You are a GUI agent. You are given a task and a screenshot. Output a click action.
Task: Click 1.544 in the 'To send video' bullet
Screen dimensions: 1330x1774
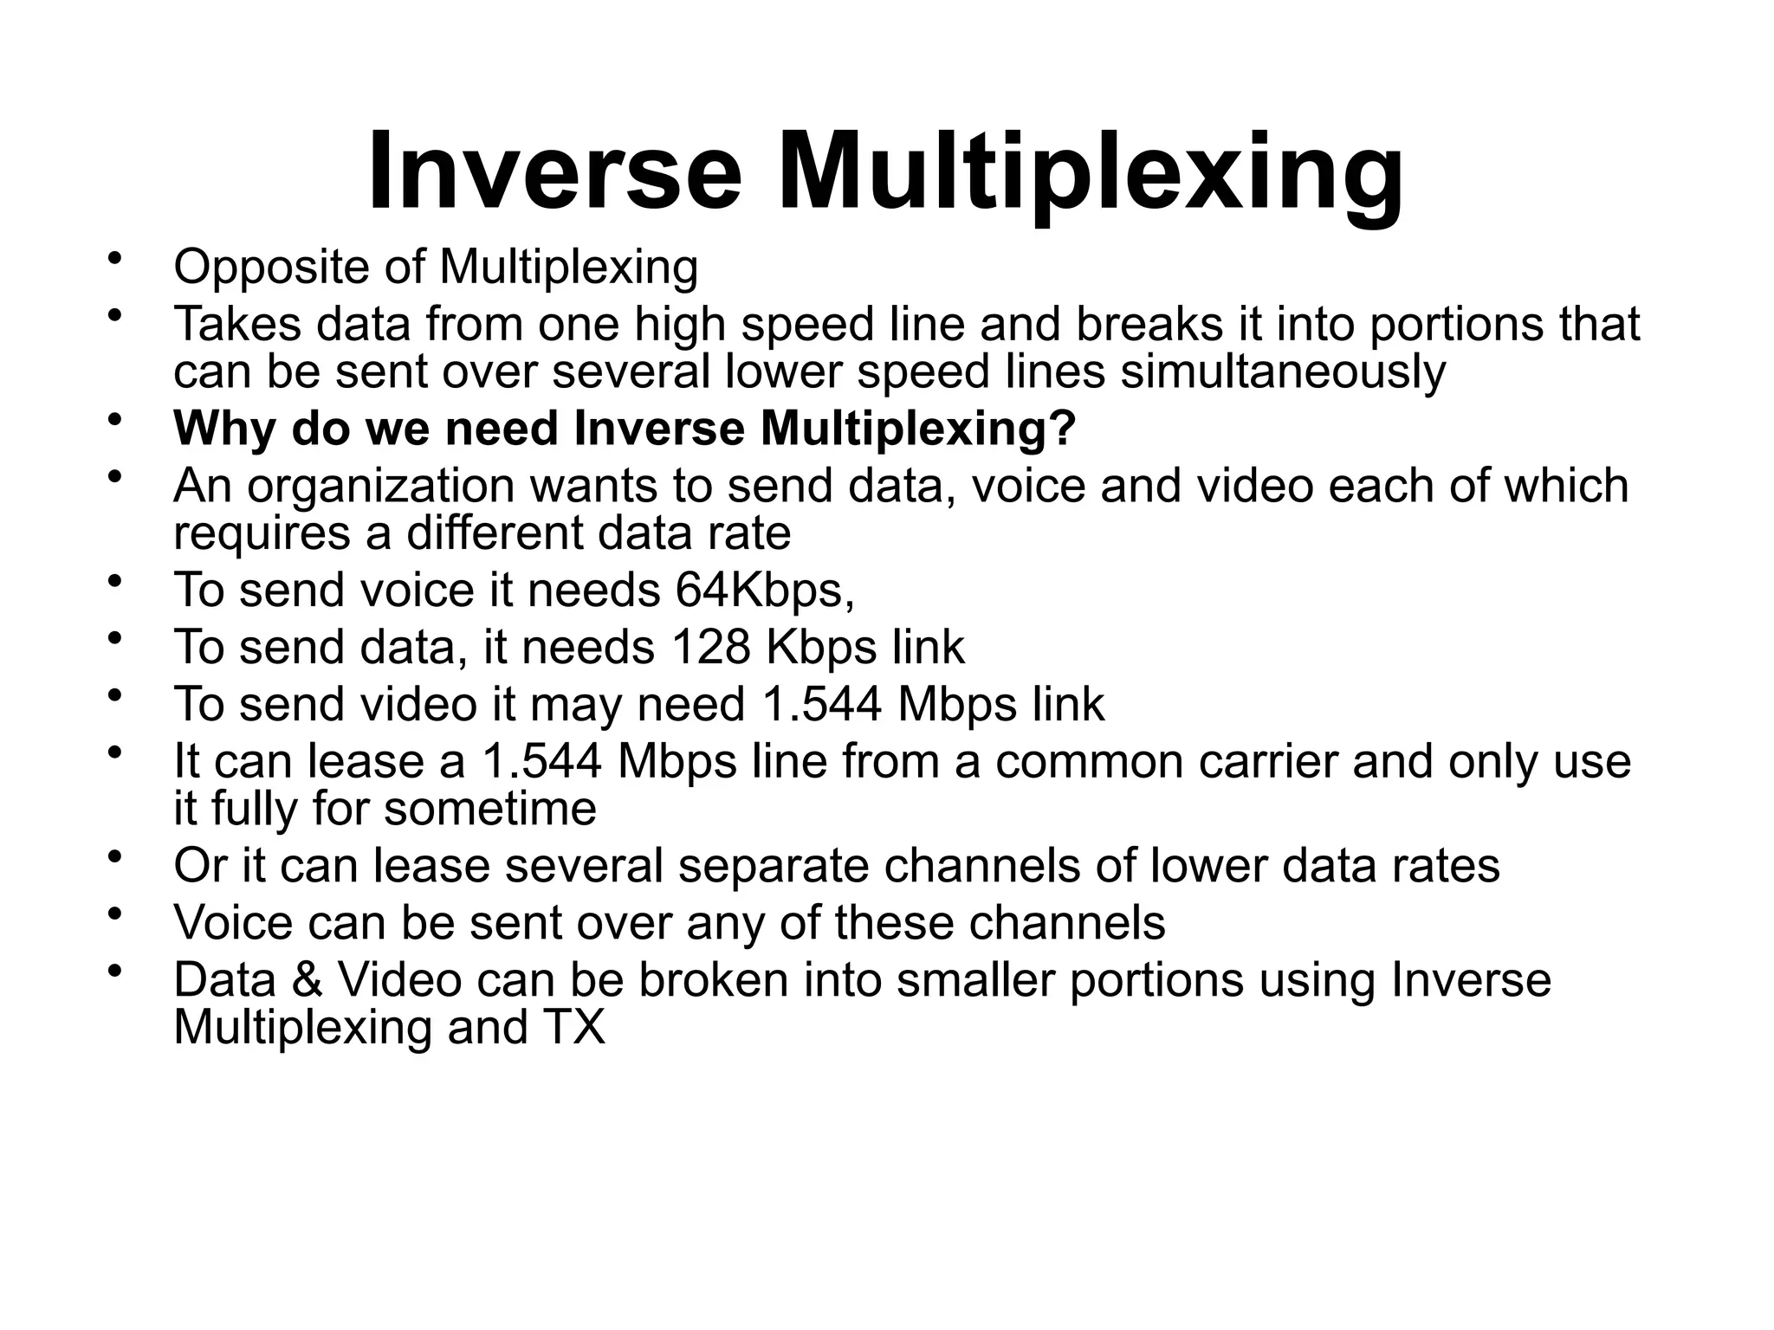(x=821, y=704)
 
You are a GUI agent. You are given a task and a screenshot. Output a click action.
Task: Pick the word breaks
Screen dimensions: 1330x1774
(x=1149, y=324)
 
